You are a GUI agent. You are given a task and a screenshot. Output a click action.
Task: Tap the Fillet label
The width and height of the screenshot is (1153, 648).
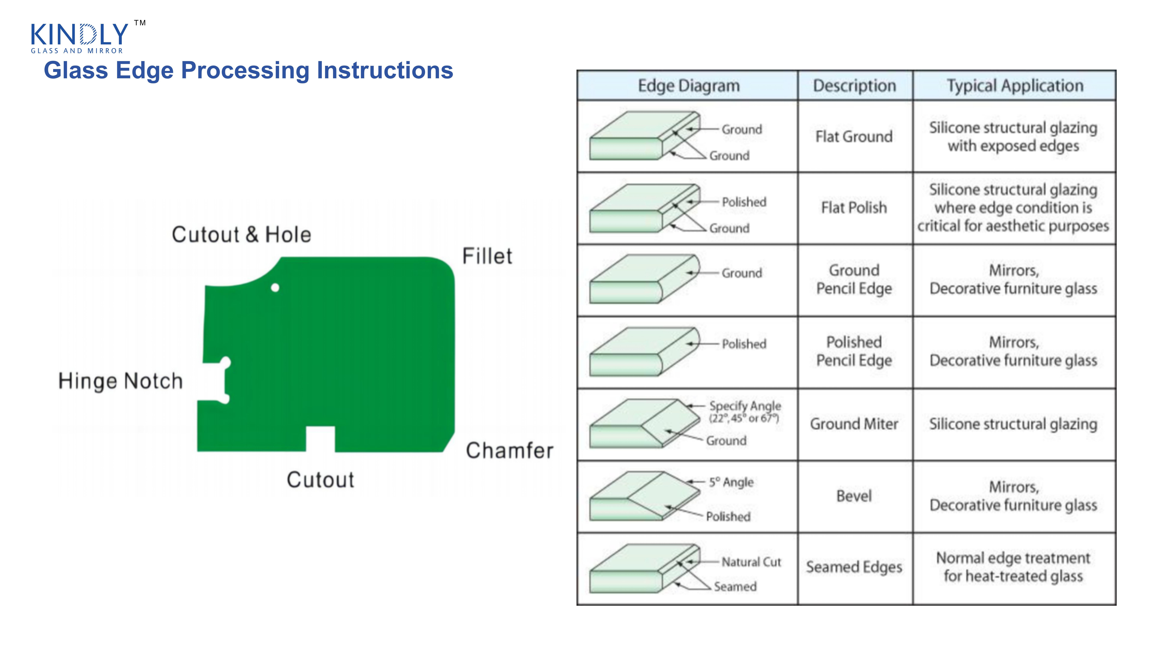coord(487,256)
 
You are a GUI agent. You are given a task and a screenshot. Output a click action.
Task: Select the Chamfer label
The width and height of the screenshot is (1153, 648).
coord(509,450)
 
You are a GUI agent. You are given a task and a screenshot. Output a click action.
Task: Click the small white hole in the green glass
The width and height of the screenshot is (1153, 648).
coord(275,288)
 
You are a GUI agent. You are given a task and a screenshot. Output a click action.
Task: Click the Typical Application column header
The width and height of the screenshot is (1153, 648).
coord(1015,85)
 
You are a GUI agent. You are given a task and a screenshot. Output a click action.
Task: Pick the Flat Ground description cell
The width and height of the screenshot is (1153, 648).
coord(854,136)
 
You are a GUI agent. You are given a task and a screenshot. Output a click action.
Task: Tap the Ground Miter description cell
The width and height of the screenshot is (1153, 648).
coord(854,424)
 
